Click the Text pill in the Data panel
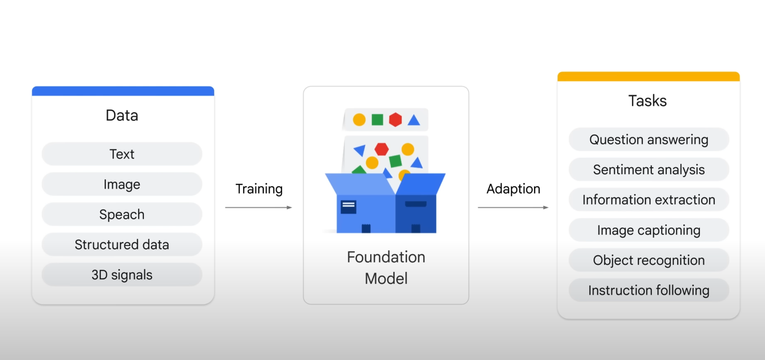pyautogui.click(x=122, y=154)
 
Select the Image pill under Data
pyautogui.click(x=122, y=184)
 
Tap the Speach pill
pyautogui.click(x=122, y=214)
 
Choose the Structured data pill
pyautogui.click(x=122, y=244)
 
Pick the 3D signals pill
pyautogui.click(x=122, y=275)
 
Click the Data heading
pyautogui.click(x=122, y=115)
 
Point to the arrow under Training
pyautogui.click(x=259, y=207)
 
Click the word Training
pyautogui.click(x=259, y=189)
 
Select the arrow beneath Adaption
pyautogui.click(x=513, y=207)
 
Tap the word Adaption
pyautogui.click(x=513, y=189)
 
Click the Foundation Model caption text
pyautogui.click(x=386, y=268)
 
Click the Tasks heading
pyautogui.click(x=648, y=101)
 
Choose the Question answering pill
pyautogui.click(x=649, y=139)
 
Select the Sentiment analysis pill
pyautogui.click(x=649, y=169)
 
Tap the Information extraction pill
pyautogui.click(x=649, y=200)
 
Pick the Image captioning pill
pyautogui.click(x=649, y=230)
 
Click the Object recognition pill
pyautogui.click(x=649, y=260)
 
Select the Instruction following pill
pyautogui.click(x=649, y=290)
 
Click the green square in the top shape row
pyautogui.click(x=378, y=120)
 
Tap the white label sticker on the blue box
pyautogui.click(x=348, y=207)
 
